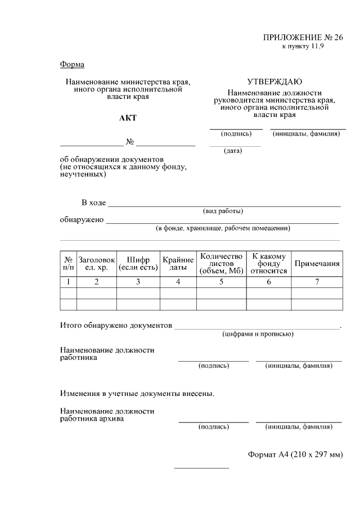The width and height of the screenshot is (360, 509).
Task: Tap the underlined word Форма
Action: (x=72, y=64)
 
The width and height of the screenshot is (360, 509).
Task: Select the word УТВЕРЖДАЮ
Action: (x=274, y=82)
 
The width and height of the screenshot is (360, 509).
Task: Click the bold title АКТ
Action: (x=128, y=118)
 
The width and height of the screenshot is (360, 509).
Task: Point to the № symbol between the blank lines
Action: (x=129, y=142)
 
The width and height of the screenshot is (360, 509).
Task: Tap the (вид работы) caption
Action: (x=223, y=211)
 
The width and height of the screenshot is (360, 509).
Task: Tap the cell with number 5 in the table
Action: (x=221, y=282)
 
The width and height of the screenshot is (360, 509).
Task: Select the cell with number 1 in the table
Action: (x=68, y=282)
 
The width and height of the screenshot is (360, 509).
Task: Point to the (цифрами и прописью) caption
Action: (x=256, y=334)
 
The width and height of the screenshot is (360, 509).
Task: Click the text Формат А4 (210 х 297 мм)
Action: (x=295, y=454)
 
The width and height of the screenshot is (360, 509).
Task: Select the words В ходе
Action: (x=93, y=202)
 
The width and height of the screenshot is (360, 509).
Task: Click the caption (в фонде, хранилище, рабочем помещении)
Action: (x=223, y=228)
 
